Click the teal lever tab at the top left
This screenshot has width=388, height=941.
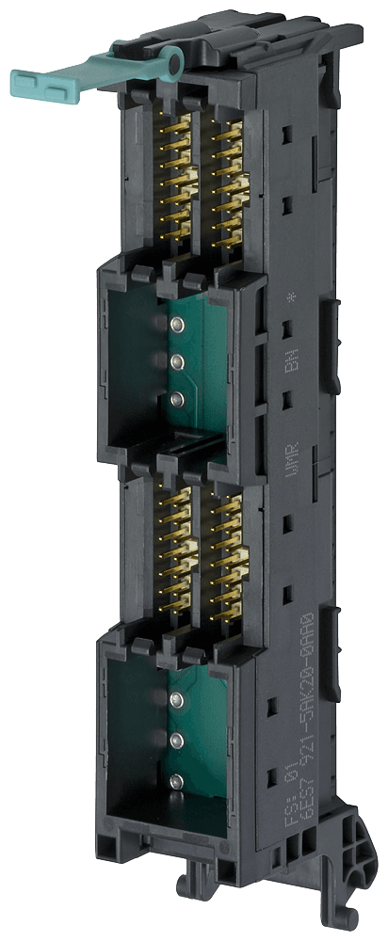[52, 79]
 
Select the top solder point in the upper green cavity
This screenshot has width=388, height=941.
[176, 325]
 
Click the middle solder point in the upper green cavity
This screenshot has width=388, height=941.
[176, 361]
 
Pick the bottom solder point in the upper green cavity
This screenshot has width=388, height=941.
[176, 400]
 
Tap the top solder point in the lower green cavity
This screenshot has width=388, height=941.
[176, 699]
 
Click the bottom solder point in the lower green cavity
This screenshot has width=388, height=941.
[176, 780]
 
